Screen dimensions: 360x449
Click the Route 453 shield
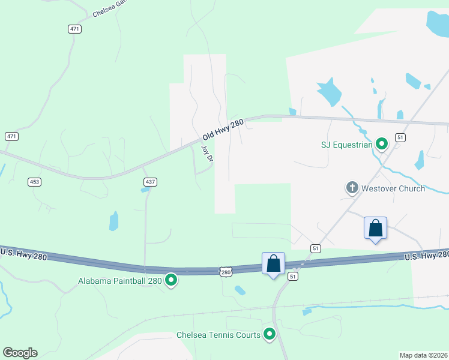point(34,181)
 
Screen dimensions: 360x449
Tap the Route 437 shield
point(149,181)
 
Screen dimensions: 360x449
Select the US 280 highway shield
point(225,272)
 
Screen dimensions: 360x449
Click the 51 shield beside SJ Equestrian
point(400,137)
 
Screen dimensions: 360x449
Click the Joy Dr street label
point(207,154)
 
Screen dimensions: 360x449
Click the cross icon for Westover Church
point(352,188)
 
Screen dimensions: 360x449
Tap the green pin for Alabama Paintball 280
point(171,280)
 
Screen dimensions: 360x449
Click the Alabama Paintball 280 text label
point(121,281)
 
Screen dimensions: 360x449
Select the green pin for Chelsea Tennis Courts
point(270,335)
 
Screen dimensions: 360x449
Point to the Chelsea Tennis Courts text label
point(218,335)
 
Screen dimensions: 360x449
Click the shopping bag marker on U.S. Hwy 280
point(273,263)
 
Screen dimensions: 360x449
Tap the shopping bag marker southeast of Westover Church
point(375,228)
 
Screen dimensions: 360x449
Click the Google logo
point(20,353)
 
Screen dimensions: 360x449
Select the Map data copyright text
point(424,355)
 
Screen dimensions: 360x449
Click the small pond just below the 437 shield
point(145,190)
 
